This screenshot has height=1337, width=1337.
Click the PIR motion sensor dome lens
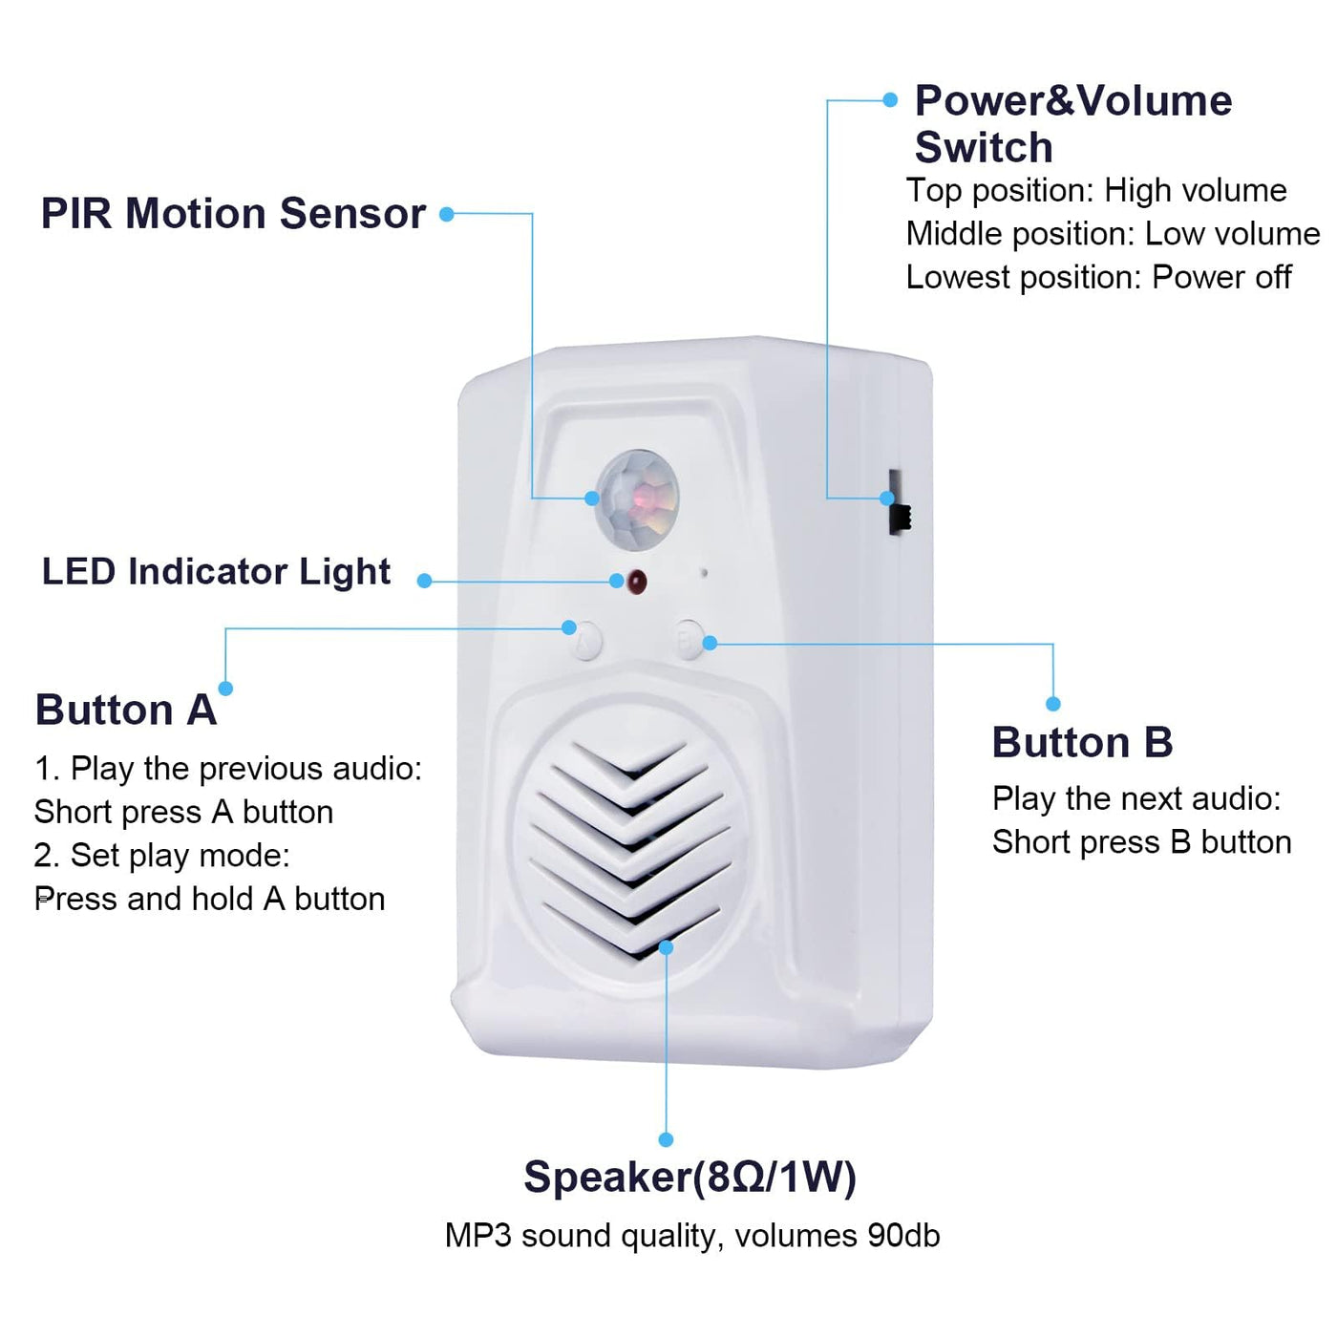click(x=637, y=499)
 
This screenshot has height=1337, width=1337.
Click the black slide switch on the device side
click(x=898, y=503)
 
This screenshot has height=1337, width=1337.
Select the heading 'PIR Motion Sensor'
click(x=233, y=213)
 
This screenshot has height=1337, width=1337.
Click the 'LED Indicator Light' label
click(x=216, y=571)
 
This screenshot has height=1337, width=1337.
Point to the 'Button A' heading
click(x=126, y=710)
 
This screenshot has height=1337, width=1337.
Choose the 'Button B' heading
click(x=1082, y=742)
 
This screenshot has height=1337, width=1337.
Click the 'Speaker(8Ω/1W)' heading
click(x=690, y=1177)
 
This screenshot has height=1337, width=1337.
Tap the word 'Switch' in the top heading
click(x=984, y=147)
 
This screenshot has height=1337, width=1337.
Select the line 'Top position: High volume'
click(x=1096, y=190)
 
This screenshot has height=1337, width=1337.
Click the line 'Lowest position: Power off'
click(x=1098, y=277)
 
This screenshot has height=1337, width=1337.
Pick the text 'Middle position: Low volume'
click(x=1113, y=233)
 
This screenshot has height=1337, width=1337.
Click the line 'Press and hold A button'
click(x=210, y=899)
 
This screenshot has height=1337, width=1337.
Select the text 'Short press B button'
click(x=1141, y=841)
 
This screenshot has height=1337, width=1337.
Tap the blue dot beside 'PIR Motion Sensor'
click(x=446, y=214)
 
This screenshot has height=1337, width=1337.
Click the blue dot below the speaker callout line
click(x=666, y=1139)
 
